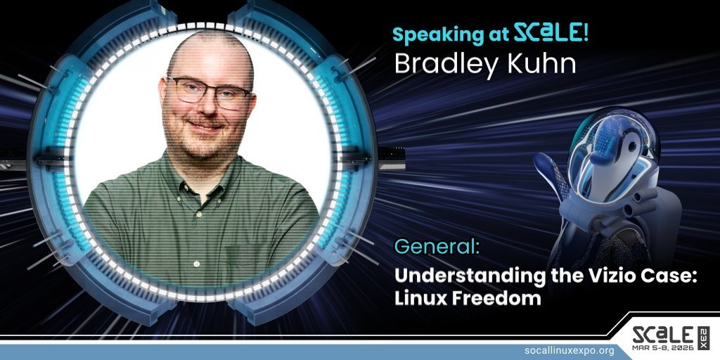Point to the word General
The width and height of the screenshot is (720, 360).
pos(437,247)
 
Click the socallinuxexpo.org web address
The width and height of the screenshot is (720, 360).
pos(569,351)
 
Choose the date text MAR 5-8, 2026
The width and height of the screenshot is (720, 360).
pos(663,347)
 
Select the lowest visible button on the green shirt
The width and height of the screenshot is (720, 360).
pos(197,264)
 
